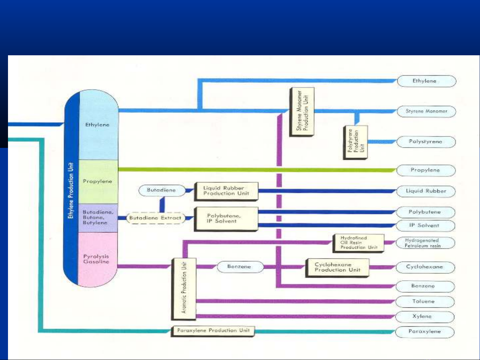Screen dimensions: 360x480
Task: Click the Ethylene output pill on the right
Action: pyautogui.click(x=426, y=81)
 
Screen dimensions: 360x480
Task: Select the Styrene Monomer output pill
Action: pyautogui.click(x=426, y=111)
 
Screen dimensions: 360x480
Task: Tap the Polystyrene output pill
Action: pyautogui.click(x=426, y=142)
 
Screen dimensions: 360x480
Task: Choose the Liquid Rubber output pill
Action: pyautogui.click(x=426, y=191)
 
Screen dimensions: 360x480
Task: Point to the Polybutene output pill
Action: pyautogui.click(x=425, y=212)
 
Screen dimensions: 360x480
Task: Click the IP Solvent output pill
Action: pyautogui.click(x=425, y=225)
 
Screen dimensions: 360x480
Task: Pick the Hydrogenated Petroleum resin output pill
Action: pyautogui.click(x=425, y=243)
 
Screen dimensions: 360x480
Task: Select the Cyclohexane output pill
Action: pyautogui.click(x=425, y=267)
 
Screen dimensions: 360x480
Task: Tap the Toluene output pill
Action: pyautogui.click(x=424, y=301)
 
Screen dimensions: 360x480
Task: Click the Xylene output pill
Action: pyautogui.click(x=424, y=316)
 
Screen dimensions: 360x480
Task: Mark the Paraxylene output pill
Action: pyautogui.click(x=424, y=332)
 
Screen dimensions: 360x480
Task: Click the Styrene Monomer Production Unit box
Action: pyautogui.click(x=302, y=112)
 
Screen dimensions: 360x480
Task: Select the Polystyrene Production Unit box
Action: pyautogui.click(x=355, y=143)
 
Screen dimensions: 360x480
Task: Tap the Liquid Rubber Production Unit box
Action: pyautogui.click(x=226, y=191)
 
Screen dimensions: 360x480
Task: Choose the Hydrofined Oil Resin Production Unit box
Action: pyautogui.click(x=358, y=243)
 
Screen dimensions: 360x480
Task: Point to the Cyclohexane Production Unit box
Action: pyautogui.click(x=337, y=267)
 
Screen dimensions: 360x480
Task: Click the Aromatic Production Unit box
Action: pyautogui.click(x=184, y=288)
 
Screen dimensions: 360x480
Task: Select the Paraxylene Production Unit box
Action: pyautogui.click(x=213, y=331)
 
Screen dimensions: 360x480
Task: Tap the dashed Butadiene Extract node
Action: pyautogui.click(x=155, y=218)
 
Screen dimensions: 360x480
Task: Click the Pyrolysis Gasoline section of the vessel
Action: pyautogui.click(x=97, y=259)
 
